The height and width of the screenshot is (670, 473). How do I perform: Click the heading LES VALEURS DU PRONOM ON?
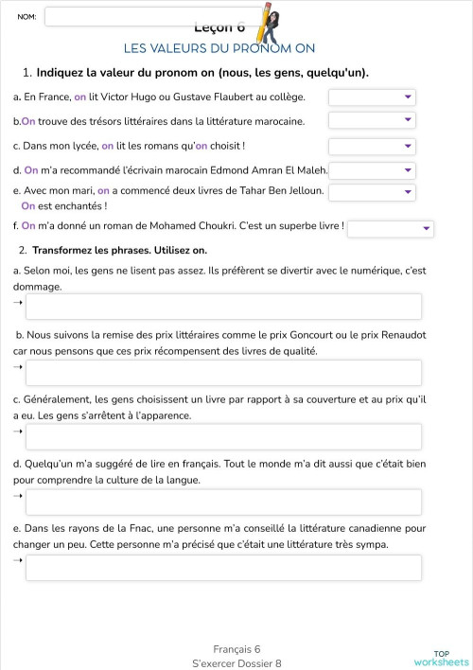pos(219,48)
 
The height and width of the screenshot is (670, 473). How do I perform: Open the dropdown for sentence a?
pos(372,97)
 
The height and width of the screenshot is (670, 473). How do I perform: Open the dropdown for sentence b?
pos(372,120)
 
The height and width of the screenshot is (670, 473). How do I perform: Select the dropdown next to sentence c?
pos(372,146)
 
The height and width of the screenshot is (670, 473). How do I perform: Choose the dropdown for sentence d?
pos(372,170)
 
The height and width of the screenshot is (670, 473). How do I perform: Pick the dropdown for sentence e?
pos(372,192)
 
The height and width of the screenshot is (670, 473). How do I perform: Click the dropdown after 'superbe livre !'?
pos(390,228)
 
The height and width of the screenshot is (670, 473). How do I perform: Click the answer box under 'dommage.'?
pos(223,307)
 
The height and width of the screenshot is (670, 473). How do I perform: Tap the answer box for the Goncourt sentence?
pos(223,372)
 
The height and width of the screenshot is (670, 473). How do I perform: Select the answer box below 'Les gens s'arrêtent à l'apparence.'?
pos(223,436)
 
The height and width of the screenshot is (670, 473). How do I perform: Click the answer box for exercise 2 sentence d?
pos(223,502)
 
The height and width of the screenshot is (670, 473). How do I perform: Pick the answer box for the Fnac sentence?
pos(223,567)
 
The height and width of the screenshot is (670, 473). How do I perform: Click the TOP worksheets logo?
pos(441,658)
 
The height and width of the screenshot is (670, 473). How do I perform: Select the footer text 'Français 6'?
pos(236,649)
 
